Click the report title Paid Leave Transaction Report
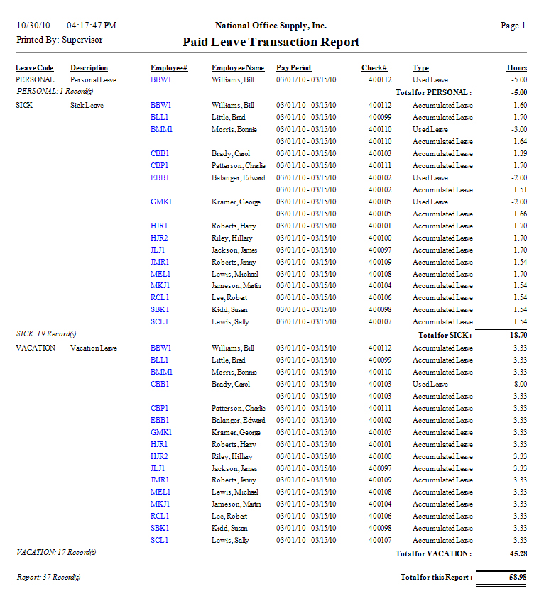point(271,42)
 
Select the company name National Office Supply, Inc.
point(271,26)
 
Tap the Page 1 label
point(513,26)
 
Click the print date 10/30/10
point(31,26)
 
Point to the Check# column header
point(374,68)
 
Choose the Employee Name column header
point(238,68)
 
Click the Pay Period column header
point(294,68)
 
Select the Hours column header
point(516,68)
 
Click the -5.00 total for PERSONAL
point(518,92)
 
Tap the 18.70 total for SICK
point(517,334)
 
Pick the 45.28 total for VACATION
point(517,553)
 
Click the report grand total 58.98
point(517,578)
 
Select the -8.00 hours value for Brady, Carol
point(518,384)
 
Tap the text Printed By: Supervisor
point(60,40)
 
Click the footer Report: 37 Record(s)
point(49,578)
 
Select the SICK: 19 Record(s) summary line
point(46,333)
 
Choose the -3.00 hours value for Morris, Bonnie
point(518,130)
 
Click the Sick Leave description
point(87,105)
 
